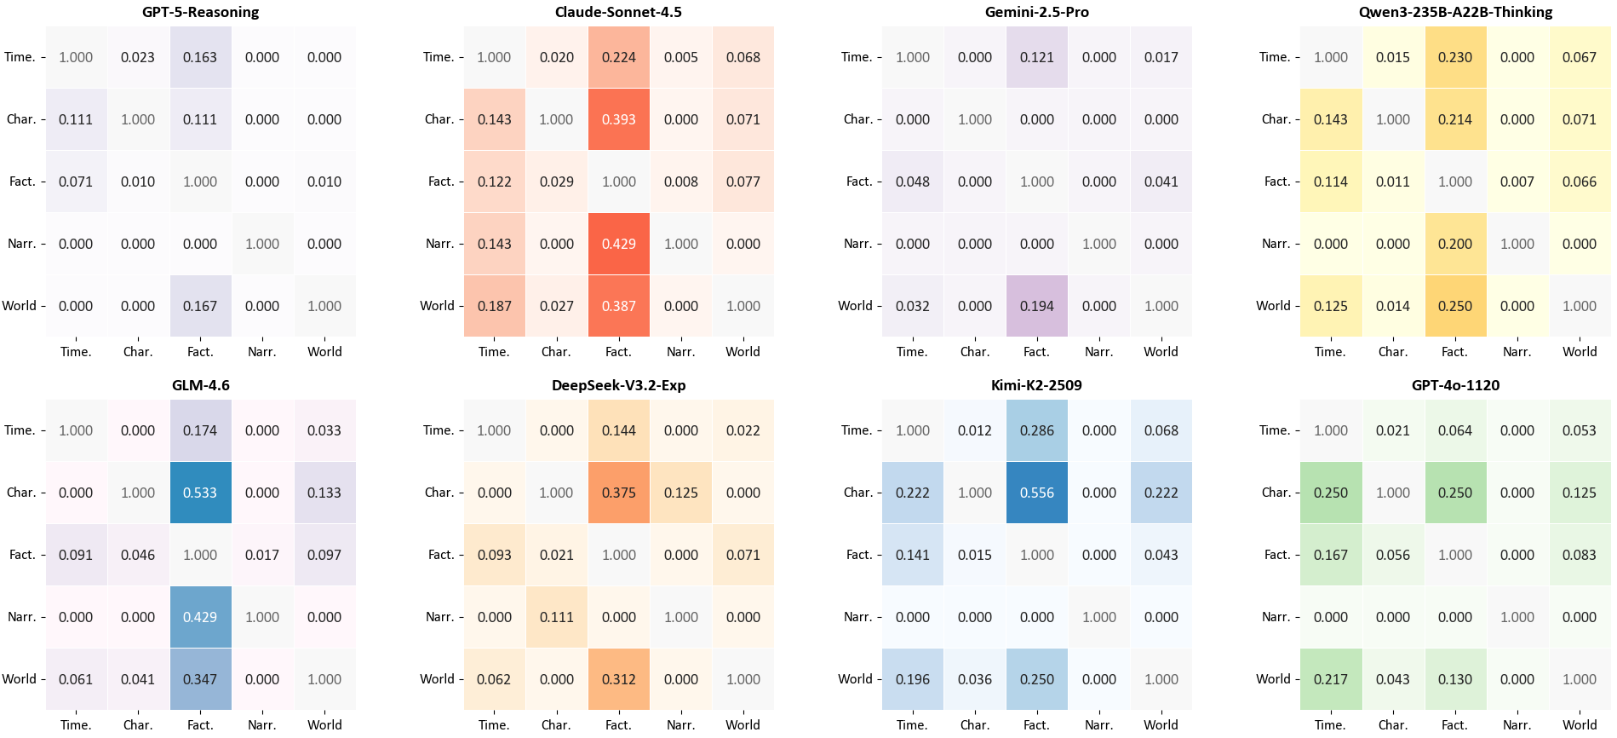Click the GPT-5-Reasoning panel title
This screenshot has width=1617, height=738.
(x=200, y=12)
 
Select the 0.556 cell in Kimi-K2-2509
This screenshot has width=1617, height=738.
(x=1036, y=493)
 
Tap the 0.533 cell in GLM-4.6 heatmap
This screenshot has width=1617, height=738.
(x=200, y=493)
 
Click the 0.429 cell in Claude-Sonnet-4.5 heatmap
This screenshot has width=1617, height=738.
(x=618, y=244)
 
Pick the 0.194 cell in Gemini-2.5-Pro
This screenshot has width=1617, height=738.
(x=1036, y=306)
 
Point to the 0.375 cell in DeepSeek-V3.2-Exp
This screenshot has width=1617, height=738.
(x=618, y=493)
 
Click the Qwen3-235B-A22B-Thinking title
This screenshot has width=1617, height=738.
(x=1455, y=12)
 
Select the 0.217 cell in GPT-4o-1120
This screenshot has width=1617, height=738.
(x=1330, y=679)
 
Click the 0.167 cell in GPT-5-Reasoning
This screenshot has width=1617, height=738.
(x=200, y=306)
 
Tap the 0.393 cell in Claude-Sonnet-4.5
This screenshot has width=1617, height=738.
(x=618, y=119)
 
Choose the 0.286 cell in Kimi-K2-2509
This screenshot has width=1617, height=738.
(x=1036, y=430)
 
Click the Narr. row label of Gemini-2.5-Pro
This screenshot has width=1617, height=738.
(x=857, y=244)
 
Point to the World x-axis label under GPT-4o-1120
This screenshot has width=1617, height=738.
(x=1579, y=725)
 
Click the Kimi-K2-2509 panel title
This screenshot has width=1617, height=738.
(x=1036, y=385)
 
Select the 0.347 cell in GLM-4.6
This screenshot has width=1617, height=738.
(x=200, y=679)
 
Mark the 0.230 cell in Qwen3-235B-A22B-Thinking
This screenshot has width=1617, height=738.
(x=1454, y=57)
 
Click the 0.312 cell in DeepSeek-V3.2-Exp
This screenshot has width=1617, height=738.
(x=618, y=679)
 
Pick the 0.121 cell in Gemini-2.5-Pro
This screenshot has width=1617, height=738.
(x=1036, y=57)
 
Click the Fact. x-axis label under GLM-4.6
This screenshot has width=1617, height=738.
(x=200, y=725)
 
